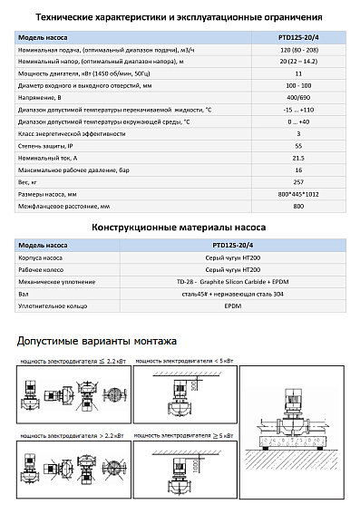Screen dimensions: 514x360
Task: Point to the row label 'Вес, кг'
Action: pos(32,181)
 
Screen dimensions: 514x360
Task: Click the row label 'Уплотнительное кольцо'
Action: pos(53,306)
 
